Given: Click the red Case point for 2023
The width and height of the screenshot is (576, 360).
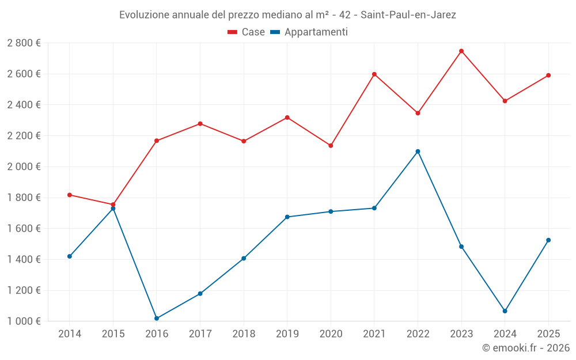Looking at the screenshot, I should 461,51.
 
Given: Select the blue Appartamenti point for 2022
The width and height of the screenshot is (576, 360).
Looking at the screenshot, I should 418,151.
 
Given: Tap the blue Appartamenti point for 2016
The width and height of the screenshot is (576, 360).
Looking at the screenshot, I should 157,318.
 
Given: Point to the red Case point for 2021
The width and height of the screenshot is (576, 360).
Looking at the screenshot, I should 374,74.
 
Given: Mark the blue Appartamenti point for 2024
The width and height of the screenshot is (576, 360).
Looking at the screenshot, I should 505,311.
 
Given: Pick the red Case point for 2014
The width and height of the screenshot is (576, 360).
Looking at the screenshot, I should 70,195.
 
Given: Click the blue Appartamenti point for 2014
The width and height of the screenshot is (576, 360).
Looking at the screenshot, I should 70,256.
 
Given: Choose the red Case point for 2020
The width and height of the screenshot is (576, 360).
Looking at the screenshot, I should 331,146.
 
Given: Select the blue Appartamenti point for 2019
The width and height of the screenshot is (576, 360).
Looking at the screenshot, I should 287,217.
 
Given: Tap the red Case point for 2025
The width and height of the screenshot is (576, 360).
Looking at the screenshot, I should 548,75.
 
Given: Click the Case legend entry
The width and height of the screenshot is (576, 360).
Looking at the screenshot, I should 247,32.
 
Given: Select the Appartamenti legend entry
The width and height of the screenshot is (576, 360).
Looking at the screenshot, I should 309,32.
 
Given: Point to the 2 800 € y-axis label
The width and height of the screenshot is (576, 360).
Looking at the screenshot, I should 24,43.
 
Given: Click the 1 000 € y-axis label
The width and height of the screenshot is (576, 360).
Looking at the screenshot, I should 24,321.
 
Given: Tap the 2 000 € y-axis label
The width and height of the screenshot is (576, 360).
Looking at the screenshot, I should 24,167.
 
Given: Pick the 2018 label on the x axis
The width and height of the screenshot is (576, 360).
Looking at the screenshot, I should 244,334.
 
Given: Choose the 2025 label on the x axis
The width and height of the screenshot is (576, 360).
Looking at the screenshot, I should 548,334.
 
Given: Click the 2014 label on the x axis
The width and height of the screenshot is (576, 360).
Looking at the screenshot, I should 70,334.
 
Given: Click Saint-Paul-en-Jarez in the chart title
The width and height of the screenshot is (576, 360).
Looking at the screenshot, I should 408,15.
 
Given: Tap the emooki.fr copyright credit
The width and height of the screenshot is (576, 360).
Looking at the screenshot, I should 526,348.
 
